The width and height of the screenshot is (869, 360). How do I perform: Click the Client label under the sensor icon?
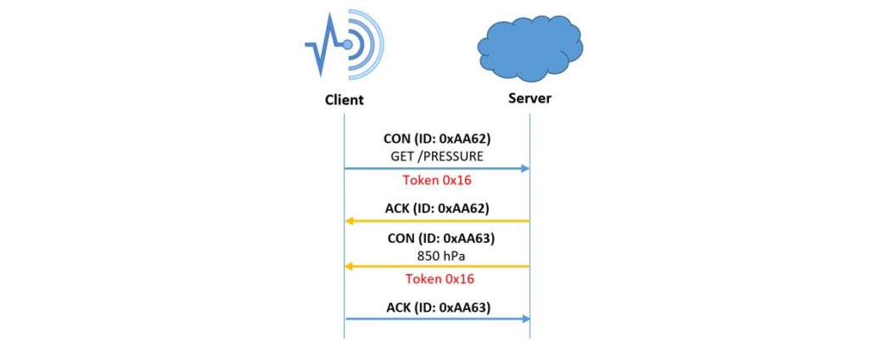[x=344, y=99]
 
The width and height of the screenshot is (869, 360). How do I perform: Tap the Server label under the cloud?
[x=530, y=98]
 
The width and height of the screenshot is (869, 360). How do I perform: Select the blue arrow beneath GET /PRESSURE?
[x=436, y=169]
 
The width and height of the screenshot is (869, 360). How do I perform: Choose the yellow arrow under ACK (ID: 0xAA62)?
[x=436, y=221]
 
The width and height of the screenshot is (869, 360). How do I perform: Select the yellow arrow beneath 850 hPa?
[x=436, y=266]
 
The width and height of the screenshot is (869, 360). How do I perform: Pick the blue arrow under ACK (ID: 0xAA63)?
[x=436, y=318]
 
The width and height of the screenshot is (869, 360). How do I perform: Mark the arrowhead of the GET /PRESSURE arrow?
[x=524, y=169]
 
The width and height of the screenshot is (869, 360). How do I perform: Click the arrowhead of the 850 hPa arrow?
[x=349, y=266]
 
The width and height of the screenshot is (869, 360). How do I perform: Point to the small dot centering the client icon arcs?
[x=347, y=44]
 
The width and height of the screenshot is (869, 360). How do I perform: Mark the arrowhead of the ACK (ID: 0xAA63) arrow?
[x=524, y=318]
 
